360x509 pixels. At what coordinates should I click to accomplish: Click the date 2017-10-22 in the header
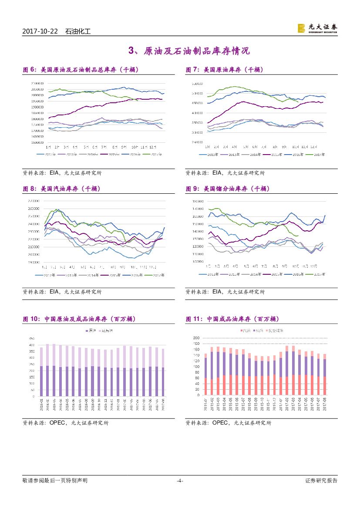coord(41,31)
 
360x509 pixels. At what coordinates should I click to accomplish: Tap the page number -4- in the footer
coord(180,481)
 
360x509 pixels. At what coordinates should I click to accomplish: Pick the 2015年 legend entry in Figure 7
coord(277,154)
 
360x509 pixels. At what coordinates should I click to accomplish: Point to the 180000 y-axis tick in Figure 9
coord(199,202)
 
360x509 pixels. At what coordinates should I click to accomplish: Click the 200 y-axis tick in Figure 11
coord(196,338)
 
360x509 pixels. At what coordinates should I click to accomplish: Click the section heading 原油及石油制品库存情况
coord(196,51)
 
